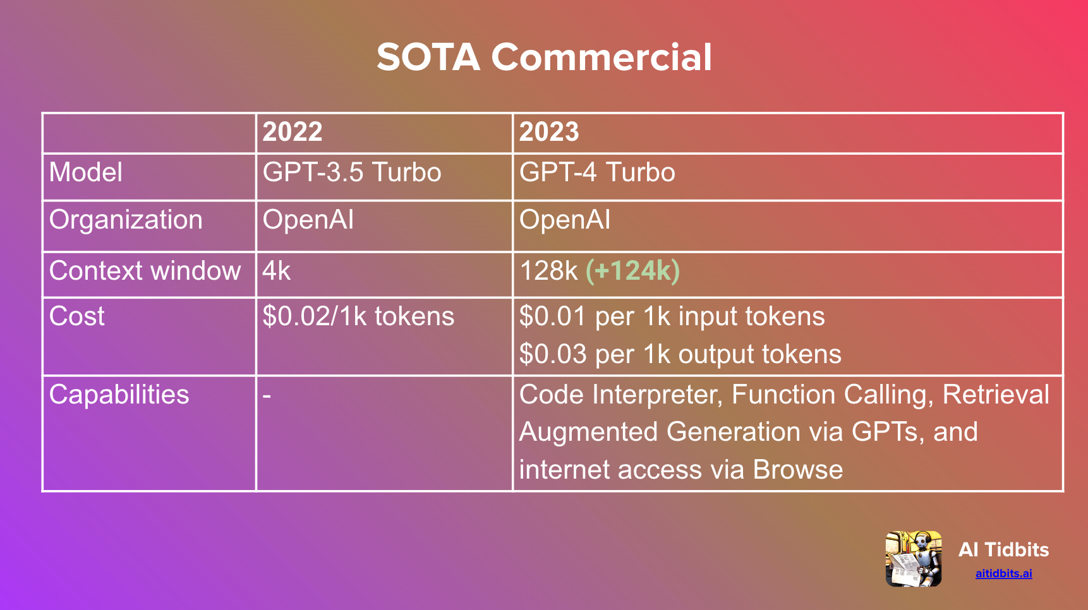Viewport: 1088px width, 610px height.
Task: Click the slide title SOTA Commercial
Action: (544, 57)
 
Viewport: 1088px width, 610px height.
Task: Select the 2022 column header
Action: (293, 132)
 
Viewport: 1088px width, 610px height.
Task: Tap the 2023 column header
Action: (549, 132)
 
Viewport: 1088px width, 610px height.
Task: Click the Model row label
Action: (86, 172)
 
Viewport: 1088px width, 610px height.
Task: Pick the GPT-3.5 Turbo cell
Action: (352, 172)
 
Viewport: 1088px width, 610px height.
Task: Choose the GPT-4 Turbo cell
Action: (597, 172)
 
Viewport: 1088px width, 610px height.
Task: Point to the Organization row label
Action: (126, 220)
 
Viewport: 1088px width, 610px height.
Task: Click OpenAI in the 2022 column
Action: (308, 220)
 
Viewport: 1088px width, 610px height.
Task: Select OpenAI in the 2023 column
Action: (565, 220)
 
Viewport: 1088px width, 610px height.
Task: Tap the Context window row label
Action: (145, 271)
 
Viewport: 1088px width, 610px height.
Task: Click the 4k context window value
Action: (277, 271)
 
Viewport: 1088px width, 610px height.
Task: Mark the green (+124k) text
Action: (632, 271)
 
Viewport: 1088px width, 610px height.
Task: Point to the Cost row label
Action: (77, 316)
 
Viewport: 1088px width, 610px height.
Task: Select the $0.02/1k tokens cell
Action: (358, 316)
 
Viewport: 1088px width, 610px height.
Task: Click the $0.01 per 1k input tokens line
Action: (672, 316)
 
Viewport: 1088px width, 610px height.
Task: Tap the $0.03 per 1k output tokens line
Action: (680, 354)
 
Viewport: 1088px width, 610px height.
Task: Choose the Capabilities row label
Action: (119, 395)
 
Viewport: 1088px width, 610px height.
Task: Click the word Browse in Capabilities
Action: (798, 470)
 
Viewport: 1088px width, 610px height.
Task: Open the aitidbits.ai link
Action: (1003, 573)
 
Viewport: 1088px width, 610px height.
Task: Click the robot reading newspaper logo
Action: (914, 558)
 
